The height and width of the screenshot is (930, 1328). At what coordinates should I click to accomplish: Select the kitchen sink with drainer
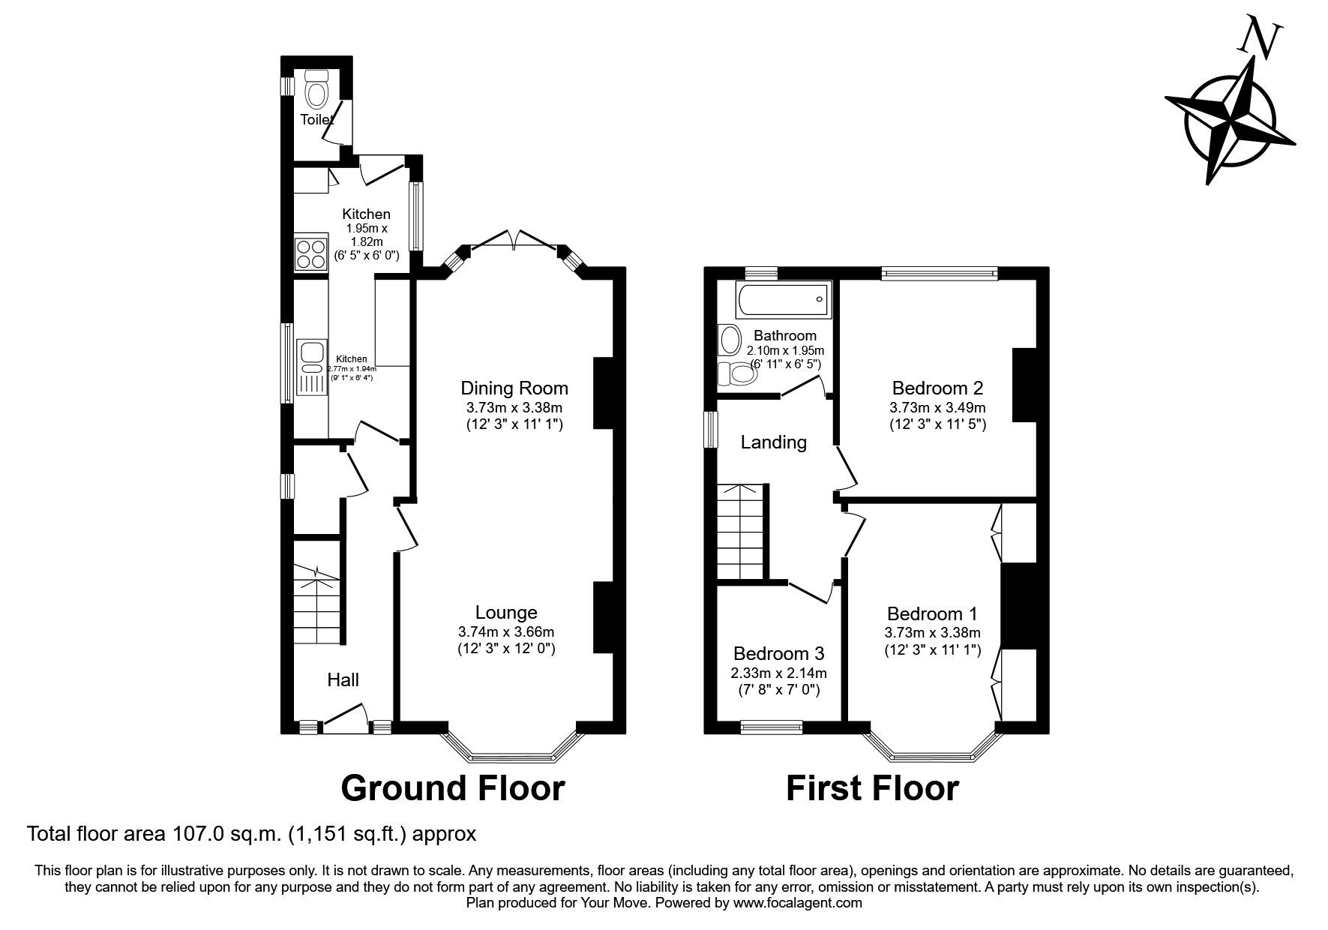310,367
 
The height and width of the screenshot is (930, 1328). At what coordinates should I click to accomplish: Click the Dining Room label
514,388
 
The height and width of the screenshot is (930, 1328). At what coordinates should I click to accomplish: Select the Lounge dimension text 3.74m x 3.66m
506,631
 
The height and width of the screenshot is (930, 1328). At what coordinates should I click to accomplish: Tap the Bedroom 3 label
779,652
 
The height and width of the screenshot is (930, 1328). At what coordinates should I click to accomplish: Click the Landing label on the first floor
773,442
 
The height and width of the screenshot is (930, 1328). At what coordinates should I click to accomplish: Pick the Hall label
343,680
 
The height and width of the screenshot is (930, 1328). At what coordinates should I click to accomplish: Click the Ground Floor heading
452,788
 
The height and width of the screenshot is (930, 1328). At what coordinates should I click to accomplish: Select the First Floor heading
872,788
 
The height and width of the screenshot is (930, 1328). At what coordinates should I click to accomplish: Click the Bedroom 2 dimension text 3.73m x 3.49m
937,408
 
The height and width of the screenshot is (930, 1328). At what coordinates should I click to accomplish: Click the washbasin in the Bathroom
727,340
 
